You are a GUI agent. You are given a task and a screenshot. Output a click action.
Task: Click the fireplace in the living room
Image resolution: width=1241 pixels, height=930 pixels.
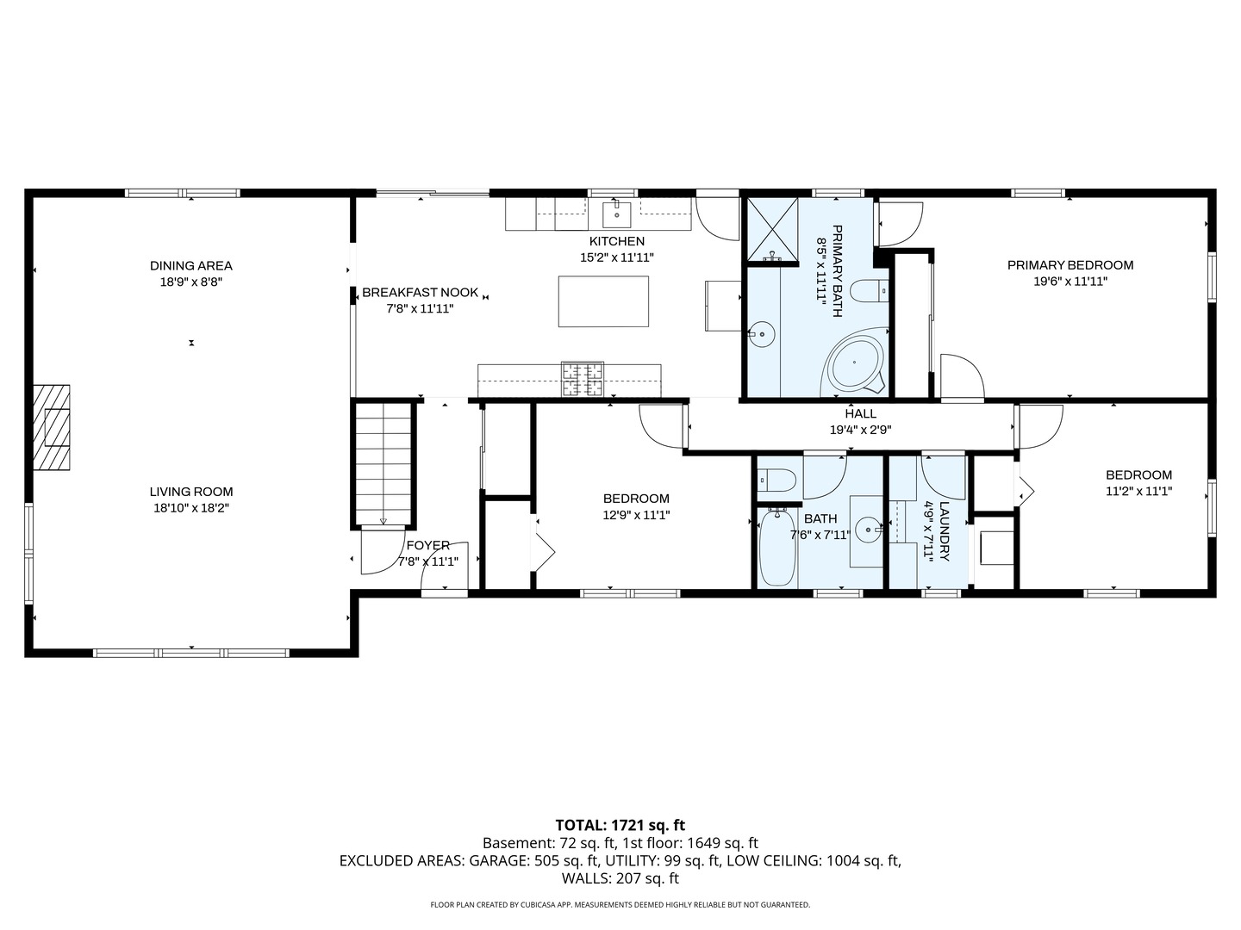[x=52, y=427]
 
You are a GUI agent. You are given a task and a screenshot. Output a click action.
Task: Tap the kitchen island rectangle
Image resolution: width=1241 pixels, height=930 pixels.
[x=603, y=301]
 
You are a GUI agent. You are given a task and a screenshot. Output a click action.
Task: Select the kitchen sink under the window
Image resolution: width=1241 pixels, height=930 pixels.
[x=616, y=213]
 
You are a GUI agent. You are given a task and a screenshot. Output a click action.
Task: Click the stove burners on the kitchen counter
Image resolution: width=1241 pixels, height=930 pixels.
[x=583, y=379]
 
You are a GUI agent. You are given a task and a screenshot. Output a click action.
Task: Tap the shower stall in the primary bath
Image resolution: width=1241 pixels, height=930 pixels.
[x=772, y=229]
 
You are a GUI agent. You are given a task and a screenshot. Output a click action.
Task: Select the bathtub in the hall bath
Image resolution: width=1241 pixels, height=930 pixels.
[x=777, y=547]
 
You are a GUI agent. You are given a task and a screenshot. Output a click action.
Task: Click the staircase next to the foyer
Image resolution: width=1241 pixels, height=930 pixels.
[x=383, y=463]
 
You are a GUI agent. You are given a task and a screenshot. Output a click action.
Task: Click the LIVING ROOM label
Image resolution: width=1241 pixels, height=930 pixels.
[x=191, y=492]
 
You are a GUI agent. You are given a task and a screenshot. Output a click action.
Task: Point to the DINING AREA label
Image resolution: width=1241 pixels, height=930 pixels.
[x=191, y=265]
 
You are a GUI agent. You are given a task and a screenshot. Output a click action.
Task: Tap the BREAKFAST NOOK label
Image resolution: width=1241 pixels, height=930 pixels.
[x=420, y=293]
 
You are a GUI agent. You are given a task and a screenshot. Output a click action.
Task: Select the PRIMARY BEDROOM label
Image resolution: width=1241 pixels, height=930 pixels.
[x=1070, y=265]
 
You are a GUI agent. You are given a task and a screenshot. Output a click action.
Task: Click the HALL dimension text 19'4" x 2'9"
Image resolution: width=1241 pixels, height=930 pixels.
[x=860, y=430]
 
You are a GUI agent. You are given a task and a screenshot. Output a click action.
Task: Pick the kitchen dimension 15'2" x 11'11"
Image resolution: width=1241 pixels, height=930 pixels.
[x=617, y=257]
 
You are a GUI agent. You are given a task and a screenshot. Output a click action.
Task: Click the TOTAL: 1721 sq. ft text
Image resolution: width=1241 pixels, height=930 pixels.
[x=620, y=826]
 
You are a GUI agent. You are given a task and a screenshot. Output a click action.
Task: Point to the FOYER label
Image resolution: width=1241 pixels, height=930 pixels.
[x=428, y=545]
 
